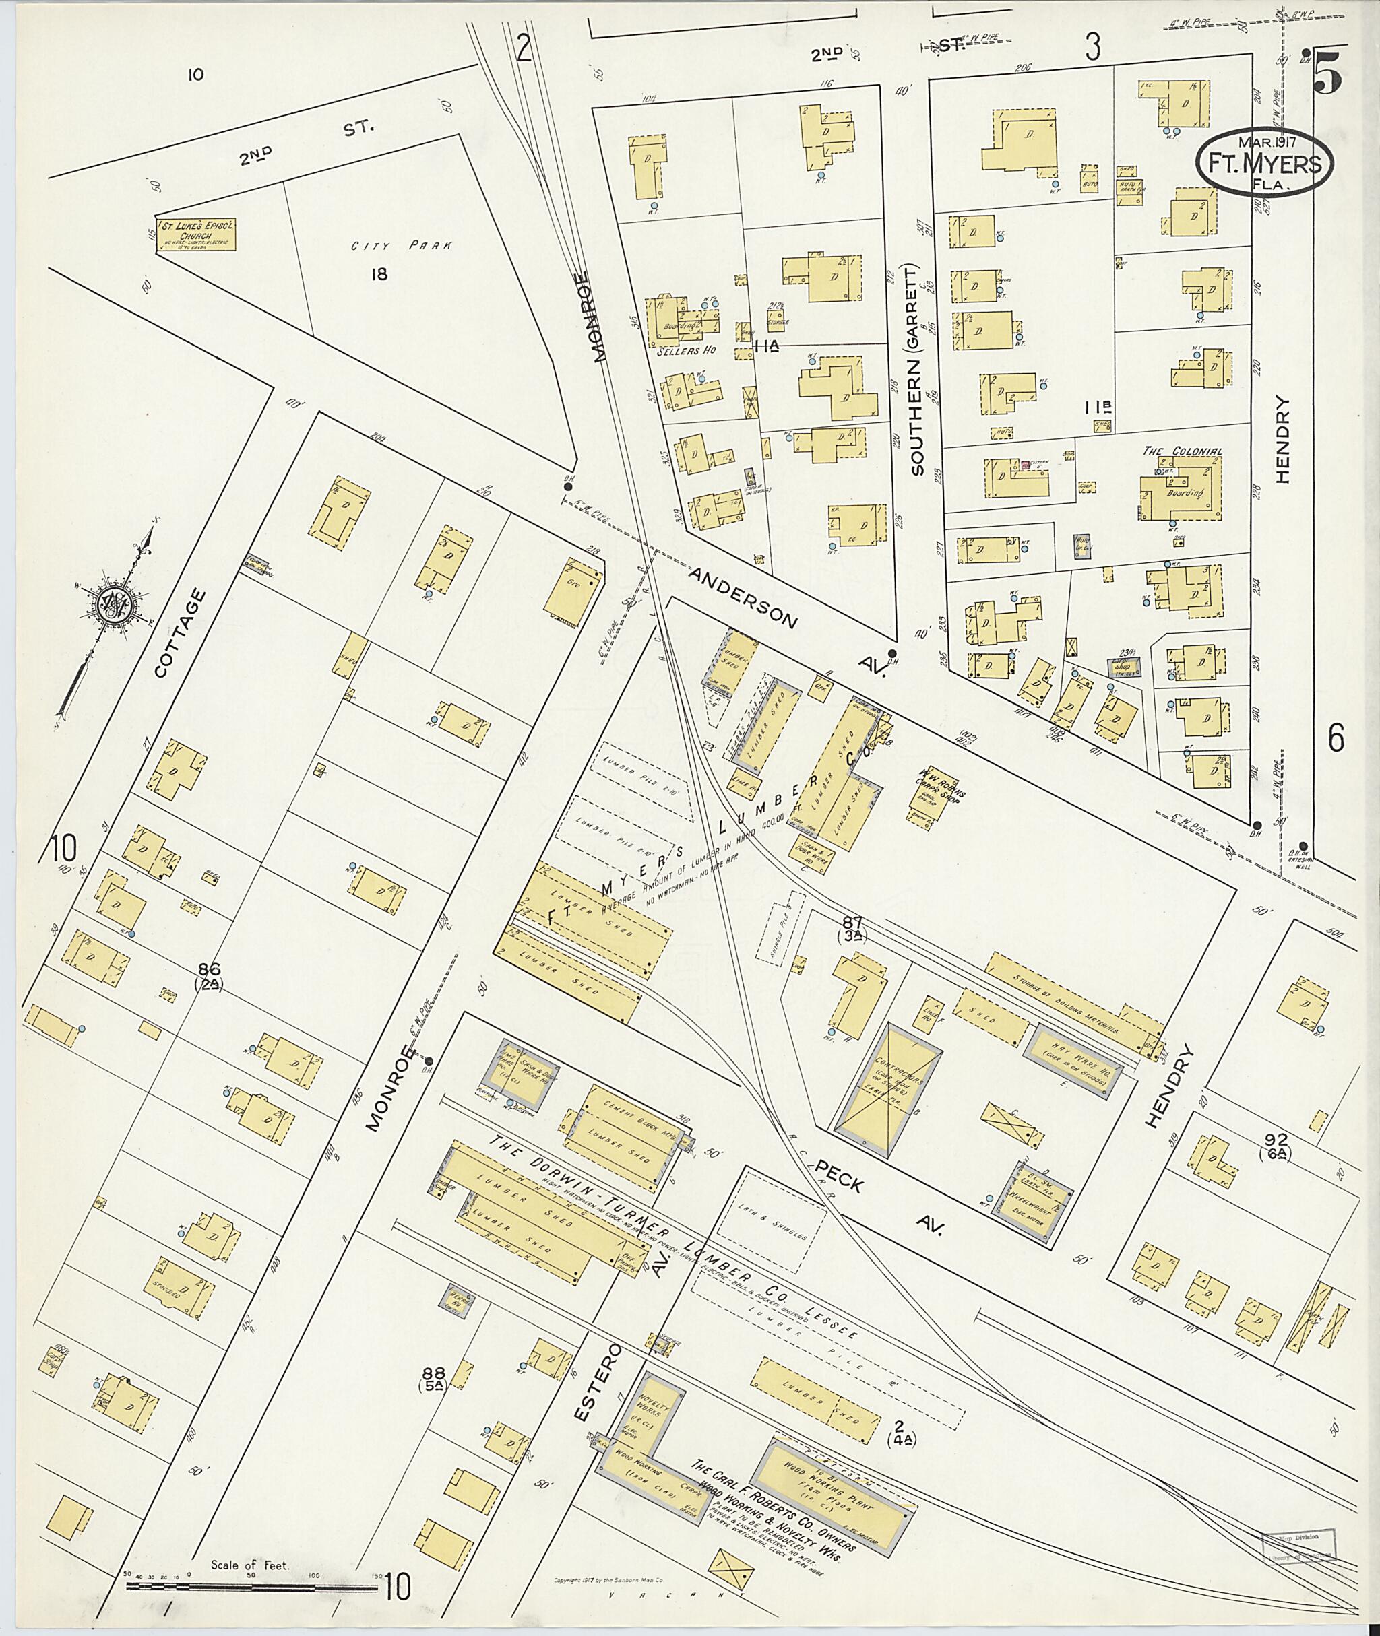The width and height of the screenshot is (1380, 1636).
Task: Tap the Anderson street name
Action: click(743, 597)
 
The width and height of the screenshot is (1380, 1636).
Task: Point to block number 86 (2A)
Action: click(209, 977)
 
